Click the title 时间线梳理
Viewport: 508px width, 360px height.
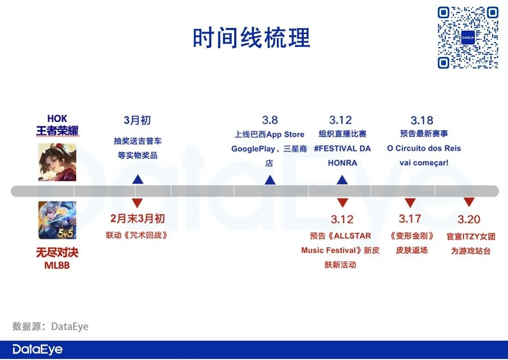251,38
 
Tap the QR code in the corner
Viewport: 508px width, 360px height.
468,37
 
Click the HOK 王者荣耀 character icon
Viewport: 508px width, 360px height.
57,162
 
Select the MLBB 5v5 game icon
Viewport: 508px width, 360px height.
57,220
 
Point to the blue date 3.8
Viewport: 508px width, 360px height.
270,120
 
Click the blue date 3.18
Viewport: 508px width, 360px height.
422,120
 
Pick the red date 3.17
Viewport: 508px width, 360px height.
409,219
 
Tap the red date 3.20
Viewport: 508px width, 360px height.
468,219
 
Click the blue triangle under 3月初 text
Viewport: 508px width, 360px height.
138,179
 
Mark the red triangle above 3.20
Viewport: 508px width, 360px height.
468,202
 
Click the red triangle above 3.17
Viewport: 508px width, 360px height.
409,202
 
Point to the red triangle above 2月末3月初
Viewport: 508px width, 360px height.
138,202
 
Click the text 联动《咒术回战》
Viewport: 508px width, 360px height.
137,236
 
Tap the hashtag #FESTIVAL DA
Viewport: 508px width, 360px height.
342,148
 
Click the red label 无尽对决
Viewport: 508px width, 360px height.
57,252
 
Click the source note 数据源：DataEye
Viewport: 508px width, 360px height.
50,326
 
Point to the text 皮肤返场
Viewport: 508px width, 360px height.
412,250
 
